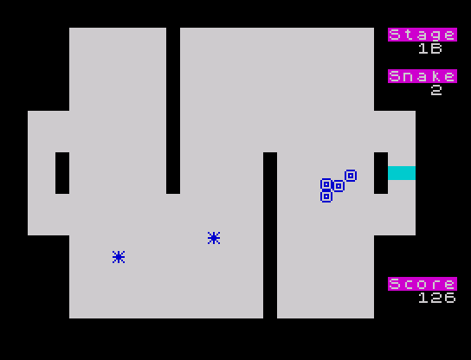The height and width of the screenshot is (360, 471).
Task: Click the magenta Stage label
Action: coord(423,35)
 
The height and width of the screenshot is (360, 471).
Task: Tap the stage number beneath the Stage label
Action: coord(430,48)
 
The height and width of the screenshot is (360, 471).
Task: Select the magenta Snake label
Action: coord(423,76)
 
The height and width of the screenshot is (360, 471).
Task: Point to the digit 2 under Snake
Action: coord(436,90)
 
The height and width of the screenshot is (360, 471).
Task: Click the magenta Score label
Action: coord(423,284)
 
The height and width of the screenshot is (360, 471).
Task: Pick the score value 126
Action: coord(437,298)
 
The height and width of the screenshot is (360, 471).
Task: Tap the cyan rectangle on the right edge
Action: coord(402,173)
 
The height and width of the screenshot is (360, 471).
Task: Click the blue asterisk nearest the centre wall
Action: coord(214,238)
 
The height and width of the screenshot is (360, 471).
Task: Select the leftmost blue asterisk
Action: coord(119,257)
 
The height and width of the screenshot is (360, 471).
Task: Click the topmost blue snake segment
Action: coord(351,176)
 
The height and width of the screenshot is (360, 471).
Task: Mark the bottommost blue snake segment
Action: coord(326,196)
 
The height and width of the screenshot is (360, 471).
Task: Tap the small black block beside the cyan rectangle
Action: coord(381,173)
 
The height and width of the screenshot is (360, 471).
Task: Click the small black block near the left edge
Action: coord(62,173)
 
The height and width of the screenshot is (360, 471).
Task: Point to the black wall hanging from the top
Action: coord(173,111)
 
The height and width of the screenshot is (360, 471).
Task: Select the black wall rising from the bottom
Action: coord(270,235)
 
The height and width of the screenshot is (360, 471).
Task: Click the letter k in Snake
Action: coord(436,76)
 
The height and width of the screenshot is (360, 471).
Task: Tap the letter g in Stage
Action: coord(436,35)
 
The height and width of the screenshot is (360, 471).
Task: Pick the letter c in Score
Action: coord(409,285)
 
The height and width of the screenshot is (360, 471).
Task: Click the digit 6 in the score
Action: coord(450,298)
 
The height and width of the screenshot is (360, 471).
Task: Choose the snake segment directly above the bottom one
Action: coord(326,184)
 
